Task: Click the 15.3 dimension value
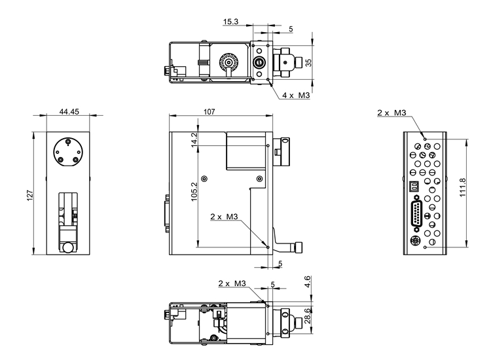coord(231,22)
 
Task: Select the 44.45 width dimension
coord(69,112)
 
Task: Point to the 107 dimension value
coord(209,112)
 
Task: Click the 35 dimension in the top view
coord(309,63)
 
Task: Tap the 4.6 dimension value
coord(308,282)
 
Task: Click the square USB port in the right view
coord(413,187)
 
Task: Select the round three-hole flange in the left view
coord(69,152)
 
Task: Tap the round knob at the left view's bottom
coord(68,247)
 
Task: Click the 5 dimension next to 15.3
coord(291,29)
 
